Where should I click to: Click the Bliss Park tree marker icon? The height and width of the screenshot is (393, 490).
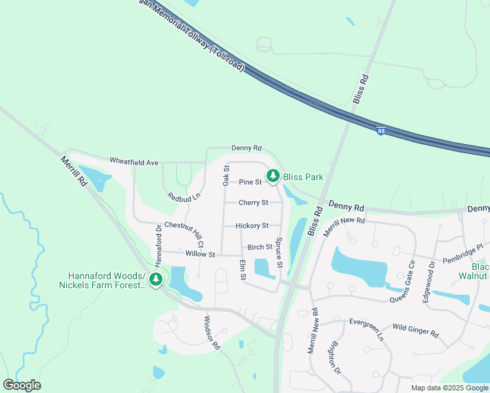pos(273,176)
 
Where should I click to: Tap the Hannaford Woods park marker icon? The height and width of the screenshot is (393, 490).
pos(155,280)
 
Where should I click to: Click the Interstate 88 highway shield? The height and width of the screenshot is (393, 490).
pos(381,132)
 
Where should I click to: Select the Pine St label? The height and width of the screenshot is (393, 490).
pos(250,182)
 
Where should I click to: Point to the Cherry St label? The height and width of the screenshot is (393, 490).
pos(254,203)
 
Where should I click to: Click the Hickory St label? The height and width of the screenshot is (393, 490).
pos(252,225)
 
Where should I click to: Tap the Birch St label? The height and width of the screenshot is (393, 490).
pos(259,247)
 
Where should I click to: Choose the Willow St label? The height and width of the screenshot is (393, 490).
pos(200,254)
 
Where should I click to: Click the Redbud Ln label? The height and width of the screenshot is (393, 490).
pos(183,196)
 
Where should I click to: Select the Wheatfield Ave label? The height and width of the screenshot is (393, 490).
pos(134,161)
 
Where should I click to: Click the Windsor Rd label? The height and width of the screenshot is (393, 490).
pos(212,333)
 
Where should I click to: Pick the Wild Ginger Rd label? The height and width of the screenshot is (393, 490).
pos(416,329)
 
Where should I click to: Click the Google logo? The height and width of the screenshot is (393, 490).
pos(22,385)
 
